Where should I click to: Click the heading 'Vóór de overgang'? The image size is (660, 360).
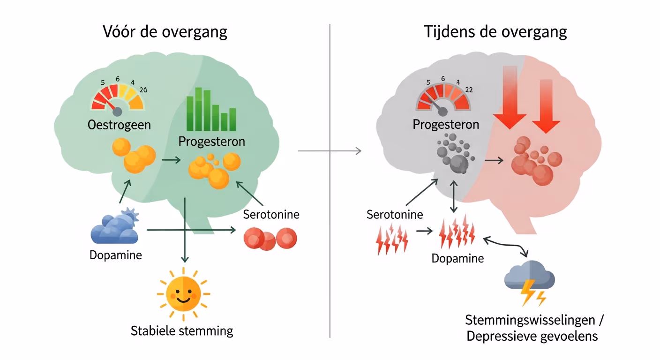click(165, 32)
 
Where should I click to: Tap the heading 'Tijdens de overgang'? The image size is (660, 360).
click(495, 32)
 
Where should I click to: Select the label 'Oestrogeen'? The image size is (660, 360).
click(119, 125)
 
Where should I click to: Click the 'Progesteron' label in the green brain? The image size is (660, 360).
click(212, 141)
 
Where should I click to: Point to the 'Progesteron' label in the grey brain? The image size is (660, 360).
click(446, 124)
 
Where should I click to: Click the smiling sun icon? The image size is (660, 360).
click(183, 294)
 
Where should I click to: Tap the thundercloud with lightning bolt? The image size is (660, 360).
click(529, 281)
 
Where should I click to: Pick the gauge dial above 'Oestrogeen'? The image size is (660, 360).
click(118, 97)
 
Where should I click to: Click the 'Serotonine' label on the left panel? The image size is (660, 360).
click(271, 215)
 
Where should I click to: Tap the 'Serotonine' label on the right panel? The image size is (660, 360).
click(395, 215)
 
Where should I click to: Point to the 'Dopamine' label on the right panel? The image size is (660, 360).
click(457, 258)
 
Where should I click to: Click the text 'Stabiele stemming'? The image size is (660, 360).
click(182, 331)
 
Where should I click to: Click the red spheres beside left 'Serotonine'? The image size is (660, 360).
click(270, 239)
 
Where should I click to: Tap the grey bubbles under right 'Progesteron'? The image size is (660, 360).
click(455, 154)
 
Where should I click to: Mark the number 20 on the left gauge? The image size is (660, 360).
click(143, 90)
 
